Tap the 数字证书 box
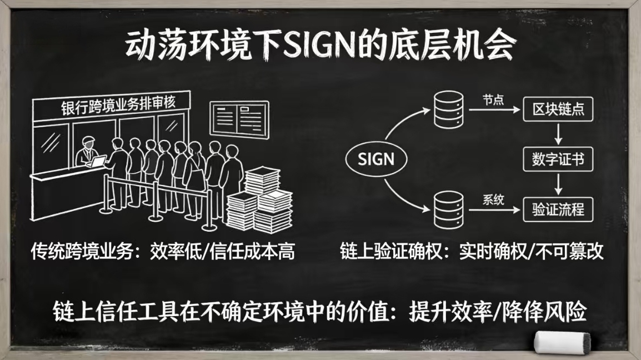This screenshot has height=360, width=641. [x=558, y=160]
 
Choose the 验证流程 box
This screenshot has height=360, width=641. [x=558, y=209]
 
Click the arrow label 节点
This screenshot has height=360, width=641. [x=493, y=99]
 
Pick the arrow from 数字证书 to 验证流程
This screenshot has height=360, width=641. [x=558, y=184]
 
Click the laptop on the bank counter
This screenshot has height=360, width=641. [x=99, y=162]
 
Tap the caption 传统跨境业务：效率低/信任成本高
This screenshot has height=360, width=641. [x=162, y=253]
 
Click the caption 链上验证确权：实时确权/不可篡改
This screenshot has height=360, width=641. [x=472, y=253]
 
